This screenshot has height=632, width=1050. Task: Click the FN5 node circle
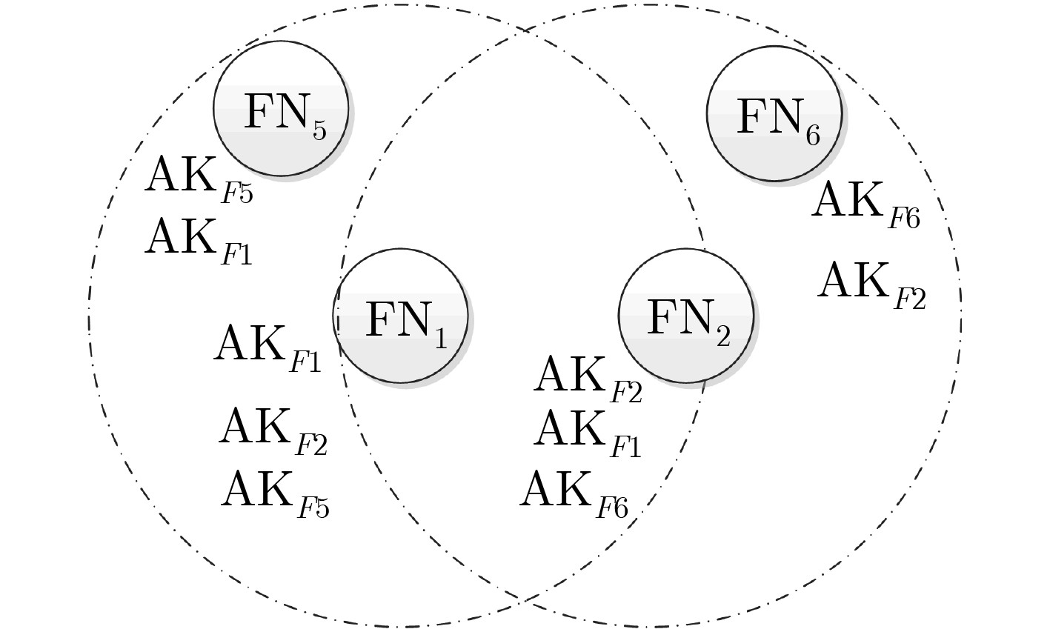click(281, 108)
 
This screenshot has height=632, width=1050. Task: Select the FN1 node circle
click(401, 316)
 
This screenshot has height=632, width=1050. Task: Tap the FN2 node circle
click(686, 316)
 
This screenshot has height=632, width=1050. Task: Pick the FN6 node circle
click(774, 113)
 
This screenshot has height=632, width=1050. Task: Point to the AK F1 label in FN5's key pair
click(198, 240)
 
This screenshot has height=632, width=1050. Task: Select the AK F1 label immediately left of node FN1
click(268, 347)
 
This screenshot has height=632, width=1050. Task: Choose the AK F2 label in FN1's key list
click(273, 430)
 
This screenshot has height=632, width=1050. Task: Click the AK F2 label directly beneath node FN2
click(587, 378)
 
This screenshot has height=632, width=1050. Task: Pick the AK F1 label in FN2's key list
click(587, 432)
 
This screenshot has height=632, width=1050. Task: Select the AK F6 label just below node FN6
click(865, 204)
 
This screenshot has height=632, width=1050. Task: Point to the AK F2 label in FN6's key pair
click(871, 284)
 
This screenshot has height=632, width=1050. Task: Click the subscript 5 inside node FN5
click(319, 131)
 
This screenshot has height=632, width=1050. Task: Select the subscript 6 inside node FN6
click(812, 136)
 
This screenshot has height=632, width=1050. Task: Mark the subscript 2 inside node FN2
click(723, 338)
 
